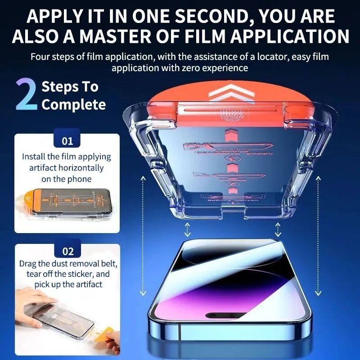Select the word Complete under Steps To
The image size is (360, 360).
pos(74,105)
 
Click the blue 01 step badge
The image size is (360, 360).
pos(67,141)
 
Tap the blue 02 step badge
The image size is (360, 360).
pos(67,251)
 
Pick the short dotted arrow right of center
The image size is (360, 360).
pos(278,229)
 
